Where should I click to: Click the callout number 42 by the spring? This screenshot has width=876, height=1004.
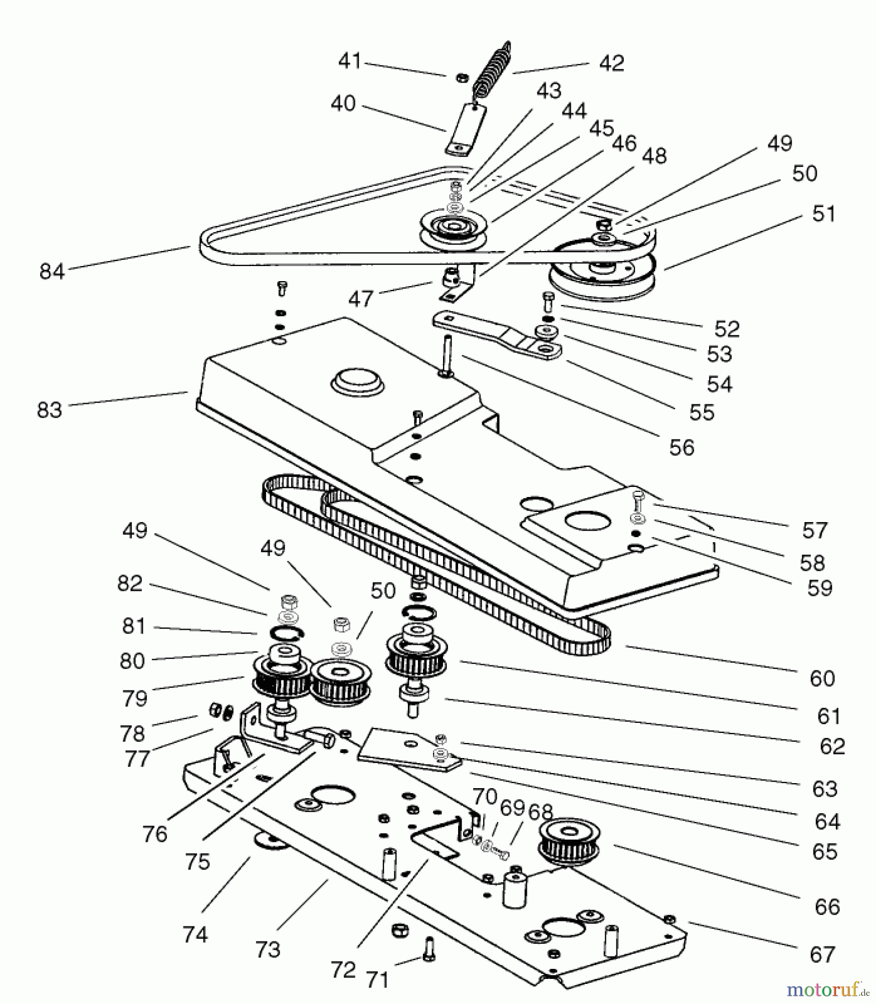[x=611, y=63]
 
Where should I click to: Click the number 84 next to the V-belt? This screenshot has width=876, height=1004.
[x=52, y=271]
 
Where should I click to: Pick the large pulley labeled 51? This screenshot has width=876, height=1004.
[x=600, y=273]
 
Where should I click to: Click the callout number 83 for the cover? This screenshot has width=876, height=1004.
[x=49, y=410]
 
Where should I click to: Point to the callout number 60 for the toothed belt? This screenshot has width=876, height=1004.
[x=822, y=678]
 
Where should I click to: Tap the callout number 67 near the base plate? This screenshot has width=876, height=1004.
[x=822, y=954]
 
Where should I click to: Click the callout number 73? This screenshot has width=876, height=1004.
[x=267, y=949]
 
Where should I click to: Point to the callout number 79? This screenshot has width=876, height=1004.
[x=134, y=698]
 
